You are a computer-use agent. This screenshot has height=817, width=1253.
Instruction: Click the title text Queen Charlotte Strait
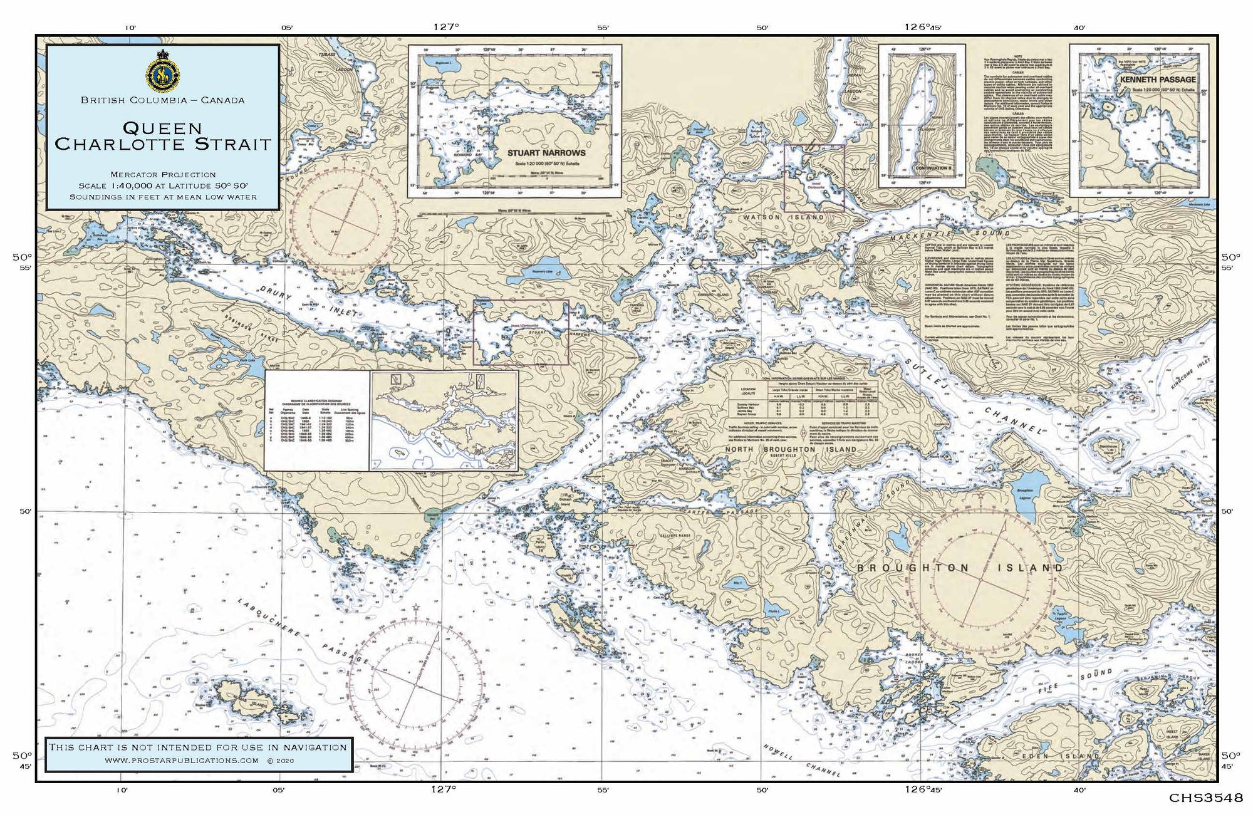(163, 137)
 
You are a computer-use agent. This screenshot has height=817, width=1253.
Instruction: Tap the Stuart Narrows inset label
(547, 152)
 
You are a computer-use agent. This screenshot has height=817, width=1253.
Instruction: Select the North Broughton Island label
(791, 449)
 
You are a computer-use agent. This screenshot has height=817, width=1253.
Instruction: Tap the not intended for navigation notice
(198, 747)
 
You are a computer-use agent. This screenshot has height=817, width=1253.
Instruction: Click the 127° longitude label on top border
(445, 26)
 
